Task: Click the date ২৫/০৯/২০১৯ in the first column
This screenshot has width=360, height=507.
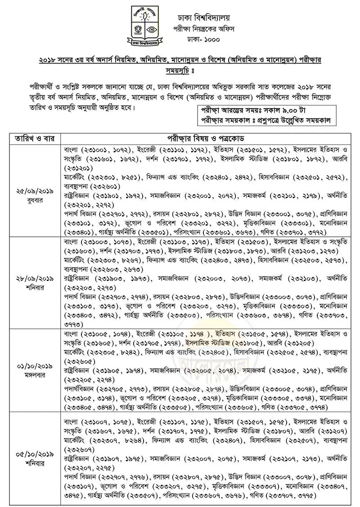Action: click(32, 191)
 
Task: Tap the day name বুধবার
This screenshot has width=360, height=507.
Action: click(32, 200)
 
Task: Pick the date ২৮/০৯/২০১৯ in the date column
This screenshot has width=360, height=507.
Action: click(32, 278)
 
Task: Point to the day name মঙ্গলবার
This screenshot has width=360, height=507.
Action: click(32, 374)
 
